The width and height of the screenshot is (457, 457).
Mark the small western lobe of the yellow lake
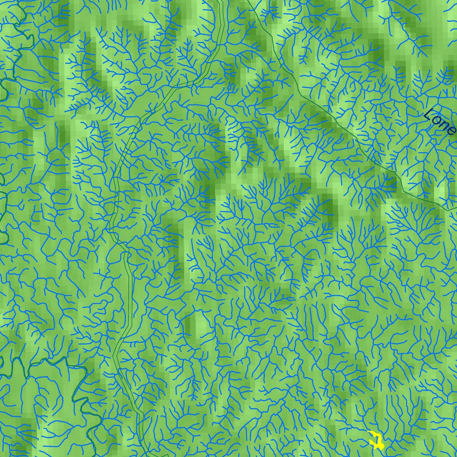[x=371, y=442]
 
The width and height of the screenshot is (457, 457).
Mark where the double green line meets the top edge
[x=220, y=1]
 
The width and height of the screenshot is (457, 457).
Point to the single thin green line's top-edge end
[x=248, y=1]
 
